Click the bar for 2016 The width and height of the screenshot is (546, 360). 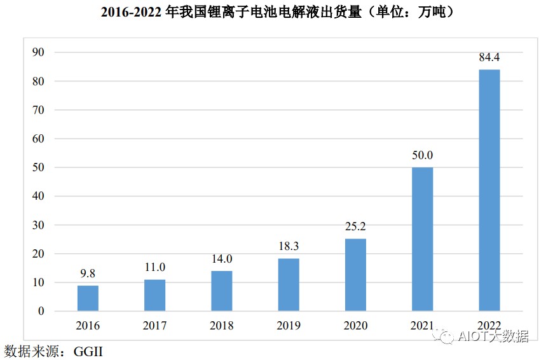[x=88, y=298]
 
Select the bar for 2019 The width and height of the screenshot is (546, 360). [x=289, y=285]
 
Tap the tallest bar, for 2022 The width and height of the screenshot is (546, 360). [x=489, y=190]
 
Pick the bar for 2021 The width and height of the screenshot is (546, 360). [x=423, y=239]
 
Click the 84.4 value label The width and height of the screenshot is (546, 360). [x=489, y=57]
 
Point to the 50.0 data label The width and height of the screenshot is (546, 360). [x=423, y=155]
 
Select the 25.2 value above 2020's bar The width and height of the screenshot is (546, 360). [x=355, y=226]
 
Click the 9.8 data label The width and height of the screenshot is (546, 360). [x=88, y=273]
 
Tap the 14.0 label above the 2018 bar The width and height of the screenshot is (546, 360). [x=222, y=259]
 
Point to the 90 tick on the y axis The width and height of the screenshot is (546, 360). [x=38, y=52]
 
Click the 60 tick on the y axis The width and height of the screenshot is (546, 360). [x=38, y=139]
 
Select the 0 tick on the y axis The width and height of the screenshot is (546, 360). [x=41, y=311]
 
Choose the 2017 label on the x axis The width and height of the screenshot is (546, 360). [x=154, y=326]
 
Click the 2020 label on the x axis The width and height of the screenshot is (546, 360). [x=355, y=326]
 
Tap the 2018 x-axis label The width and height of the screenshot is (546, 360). [x=222, y=326]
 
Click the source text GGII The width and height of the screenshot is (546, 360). [x=88, y=351]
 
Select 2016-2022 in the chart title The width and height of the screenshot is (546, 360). [x=131, y=12]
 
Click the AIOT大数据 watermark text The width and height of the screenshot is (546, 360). [x=493, y=336]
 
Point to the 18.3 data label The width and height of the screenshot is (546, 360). [x=289, y=246]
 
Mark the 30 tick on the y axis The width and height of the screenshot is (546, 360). [x=38, y=225]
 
